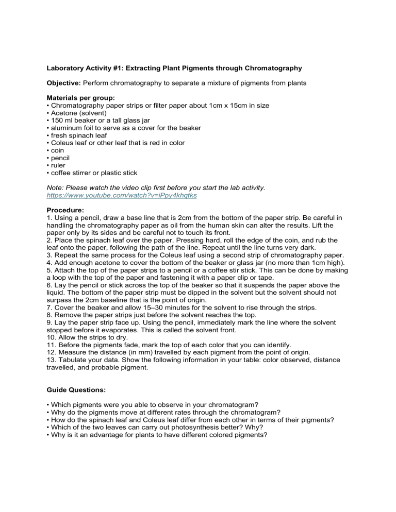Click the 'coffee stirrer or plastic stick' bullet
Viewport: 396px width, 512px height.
click(93, 173)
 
